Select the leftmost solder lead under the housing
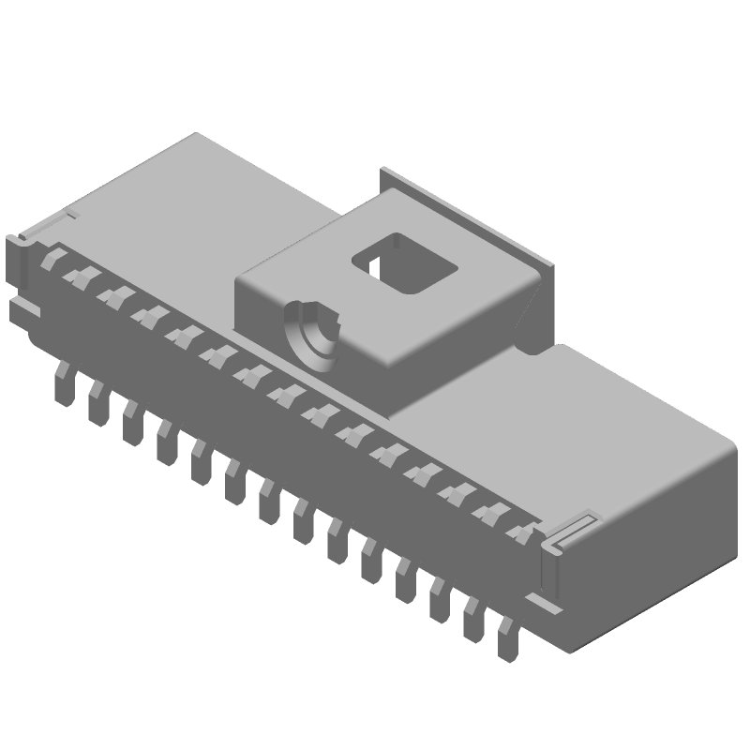coord(64,382)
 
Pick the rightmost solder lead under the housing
coord(508,641)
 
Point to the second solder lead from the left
coord(97,402)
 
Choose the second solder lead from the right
coord(474,622)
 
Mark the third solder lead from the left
coord(131,421)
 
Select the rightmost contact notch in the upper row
coord(518,532)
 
